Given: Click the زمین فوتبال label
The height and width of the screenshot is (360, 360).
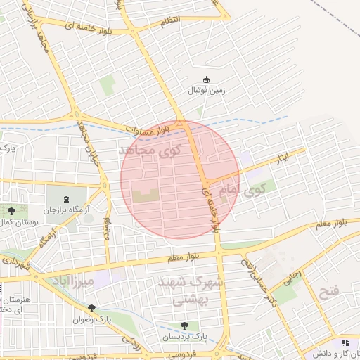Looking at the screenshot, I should (x=205, y=91).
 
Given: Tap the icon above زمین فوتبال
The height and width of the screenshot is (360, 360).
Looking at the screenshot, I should (x=206, y=79).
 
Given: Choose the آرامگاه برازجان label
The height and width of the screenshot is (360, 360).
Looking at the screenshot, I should (x=67, y=210).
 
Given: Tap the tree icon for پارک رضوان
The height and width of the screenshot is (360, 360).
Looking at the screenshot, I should (x=91, y=308).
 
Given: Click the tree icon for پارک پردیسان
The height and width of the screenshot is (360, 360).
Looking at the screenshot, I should (x=184, y=326).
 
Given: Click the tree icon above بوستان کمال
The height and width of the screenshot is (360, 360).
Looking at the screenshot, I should (x=10, y=210).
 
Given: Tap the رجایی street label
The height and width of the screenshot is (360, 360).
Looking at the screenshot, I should (x=291, y=277).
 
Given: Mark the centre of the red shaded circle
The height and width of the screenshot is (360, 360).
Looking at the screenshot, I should (x=181, y=179).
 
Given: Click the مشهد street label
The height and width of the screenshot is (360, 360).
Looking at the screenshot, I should (x=108, y=226).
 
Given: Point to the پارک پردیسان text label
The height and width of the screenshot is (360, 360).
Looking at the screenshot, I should (x=185, y=337).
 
